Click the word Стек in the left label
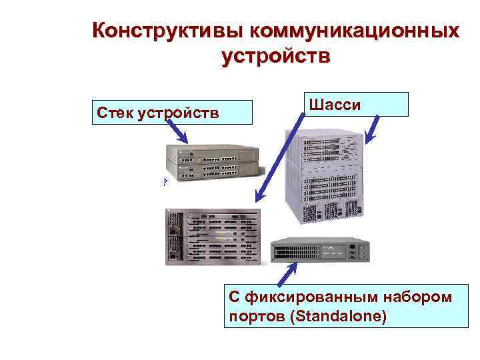tap(115, 112)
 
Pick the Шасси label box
tap(357, 105)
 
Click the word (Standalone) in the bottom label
tap(339, 315)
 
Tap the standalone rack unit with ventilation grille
tap(319, 251)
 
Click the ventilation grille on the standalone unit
tap(295, 252)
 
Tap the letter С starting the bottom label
tap(233, 295)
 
